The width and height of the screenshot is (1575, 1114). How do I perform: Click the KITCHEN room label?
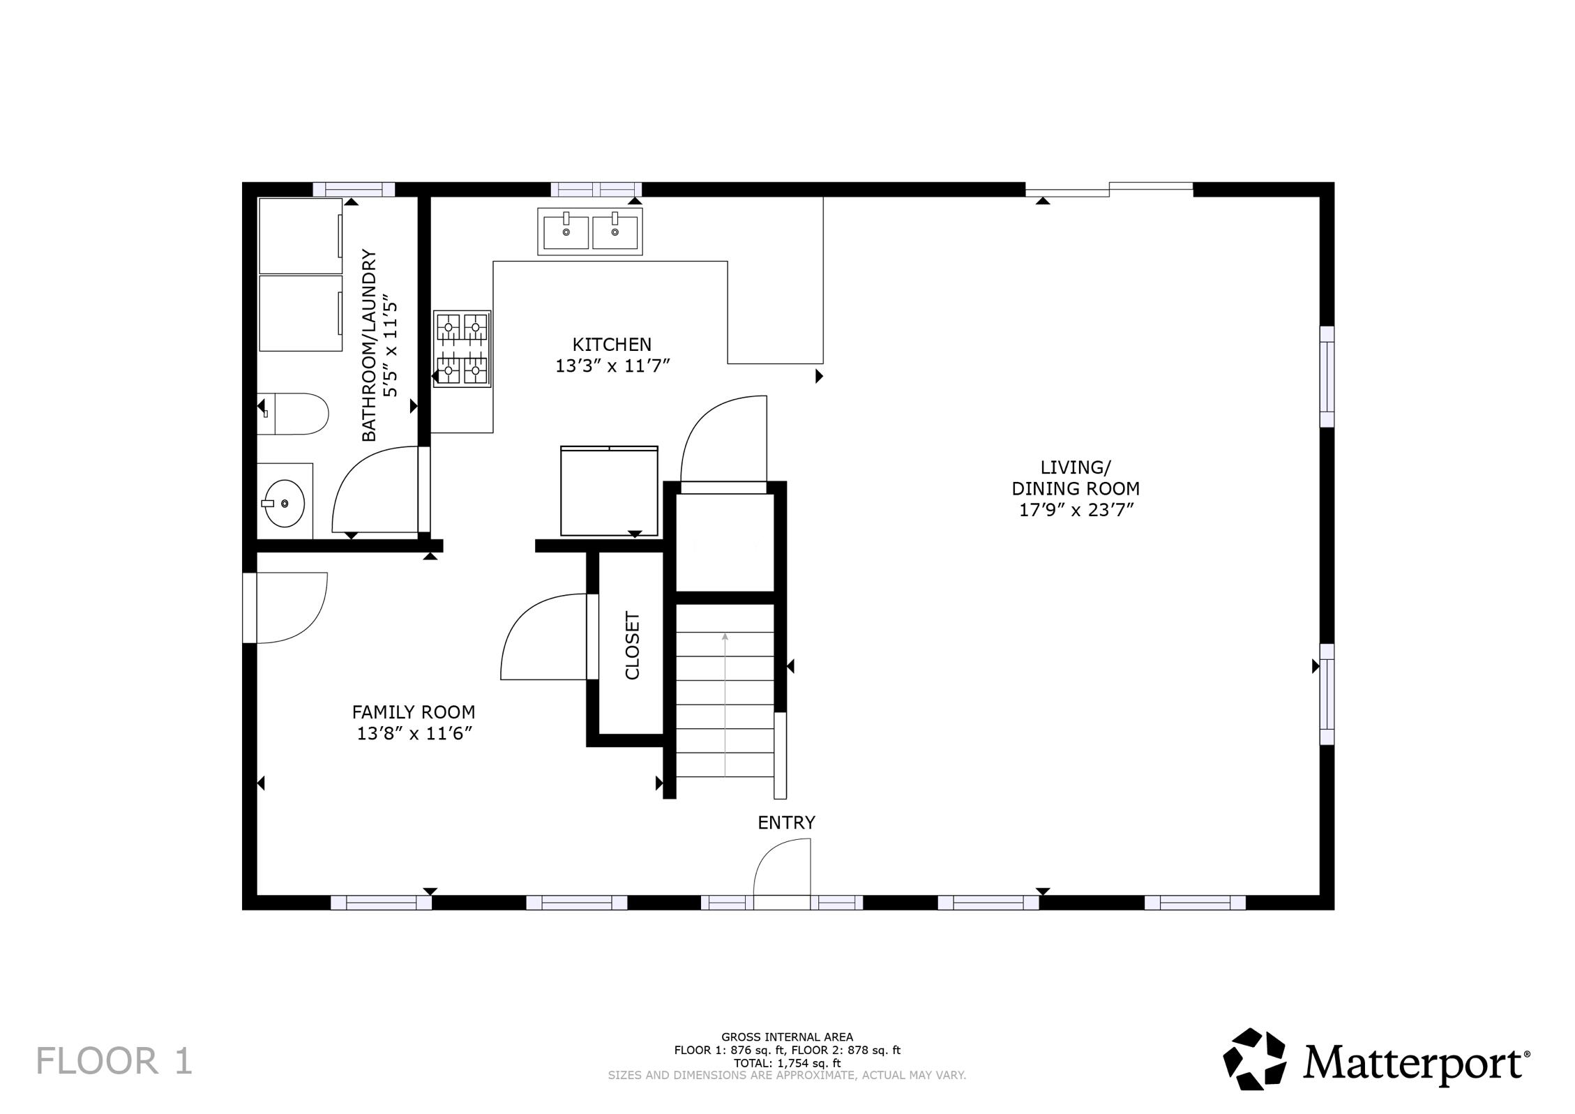tap(612, 344)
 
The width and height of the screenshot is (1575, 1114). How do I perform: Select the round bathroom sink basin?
tap(285, 502)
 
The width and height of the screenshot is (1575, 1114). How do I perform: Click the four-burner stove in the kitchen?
tap(462, 348)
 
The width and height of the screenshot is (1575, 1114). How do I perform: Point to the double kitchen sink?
tap(589, 231)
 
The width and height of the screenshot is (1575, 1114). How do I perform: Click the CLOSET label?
tap(632, 645)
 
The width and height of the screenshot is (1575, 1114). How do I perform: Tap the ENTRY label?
tap(786, 822)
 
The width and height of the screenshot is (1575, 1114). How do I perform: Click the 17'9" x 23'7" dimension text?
tap(1076, 510)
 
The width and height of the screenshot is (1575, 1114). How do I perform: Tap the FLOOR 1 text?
tap(114, 1061)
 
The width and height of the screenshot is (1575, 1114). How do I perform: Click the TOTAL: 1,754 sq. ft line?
tap(787, 1063)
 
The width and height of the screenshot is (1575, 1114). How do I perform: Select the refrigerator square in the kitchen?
tap(609, 492)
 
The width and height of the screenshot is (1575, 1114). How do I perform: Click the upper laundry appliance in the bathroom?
tap(300, 236)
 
